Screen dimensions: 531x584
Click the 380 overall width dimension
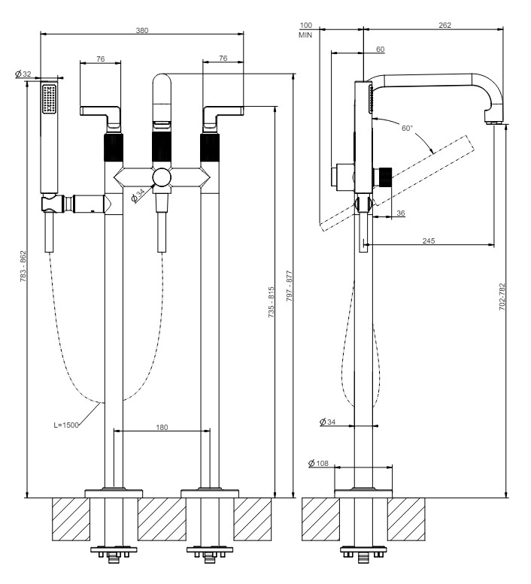(142, 30)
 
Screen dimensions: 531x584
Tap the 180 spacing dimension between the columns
(162, 427)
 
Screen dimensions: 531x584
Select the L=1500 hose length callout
(66, 425)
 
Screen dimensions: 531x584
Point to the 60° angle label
(408, 128)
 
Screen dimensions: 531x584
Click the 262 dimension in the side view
(445, 25)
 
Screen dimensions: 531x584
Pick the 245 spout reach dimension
(429, 241)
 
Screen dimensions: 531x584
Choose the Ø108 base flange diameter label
(319, 463)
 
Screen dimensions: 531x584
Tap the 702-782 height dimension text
(502, 297)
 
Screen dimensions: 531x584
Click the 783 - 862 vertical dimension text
(23, 266)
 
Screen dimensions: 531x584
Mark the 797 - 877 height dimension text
(290, 286)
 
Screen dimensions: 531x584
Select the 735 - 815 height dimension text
(271, 302)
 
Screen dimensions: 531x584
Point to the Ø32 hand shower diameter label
(23, 74)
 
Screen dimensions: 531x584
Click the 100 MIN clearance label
(305, 30)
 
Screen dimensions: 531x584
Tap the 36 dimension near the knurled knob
(401, 213)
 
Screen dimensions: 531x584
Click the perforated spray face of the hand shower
(49, 98)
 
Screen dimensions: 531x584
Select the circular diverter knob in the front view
(162, 177)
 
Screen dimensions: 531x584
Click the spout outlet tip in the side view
(494, 121)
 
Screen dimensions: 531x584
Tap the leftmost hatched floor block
(71, 519)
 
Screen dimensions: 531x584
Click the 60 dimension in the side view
(380, 49)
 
